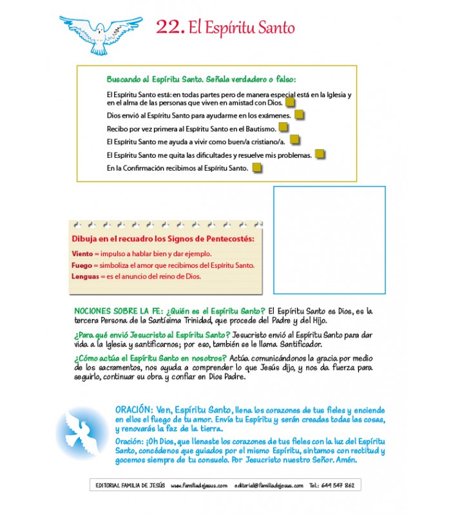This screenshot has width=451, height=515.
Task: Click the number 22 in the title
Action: [170, 28]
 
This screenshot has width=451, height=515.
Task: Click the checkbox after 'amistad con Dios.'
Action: [291, 102]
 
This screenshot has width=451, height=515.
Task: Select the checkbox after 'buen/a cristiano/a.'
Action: [295, 141]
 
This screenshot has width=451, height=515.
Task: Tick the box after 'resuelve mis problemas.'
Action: [320, 154]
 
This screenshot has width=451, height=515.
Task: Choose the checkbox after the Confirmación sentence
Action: [257, 168]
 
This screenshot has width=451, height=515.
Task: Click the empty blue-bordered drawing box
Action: [329, 239]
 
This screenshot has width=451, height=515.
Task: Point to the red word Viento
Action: [82, 254]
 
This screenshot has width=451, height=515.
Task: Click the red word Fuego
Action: [82, 265]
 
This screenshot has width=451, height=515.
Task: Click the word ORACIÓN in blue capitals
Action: [133, 409]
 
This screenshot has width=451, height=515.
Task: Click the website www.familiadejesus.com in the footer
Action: [199, 485]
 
